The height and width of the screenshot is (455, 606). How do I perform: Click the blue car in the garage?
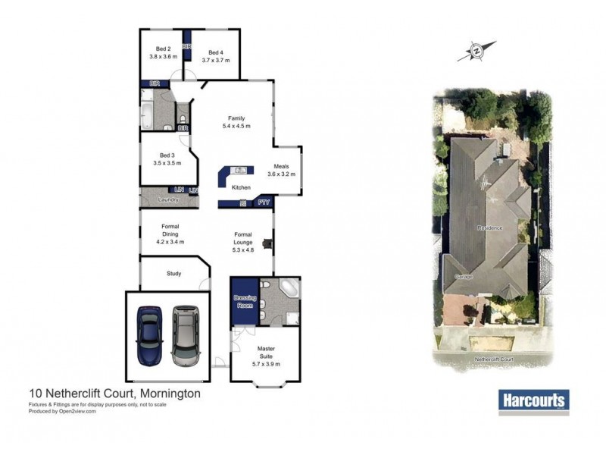click(148, 336)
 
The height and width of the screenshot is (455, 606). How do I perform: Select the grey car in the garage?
click(184, 336)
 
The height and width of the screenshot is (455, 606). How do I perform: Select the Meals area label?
click(281, 169)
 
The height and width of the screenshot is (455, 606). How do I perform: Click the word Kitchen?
click(241, 187)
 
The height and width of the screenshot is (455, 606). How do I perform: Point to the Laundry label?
click(167, 199)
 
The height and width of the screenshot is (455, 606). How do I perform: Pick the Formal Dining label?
click(170, 234)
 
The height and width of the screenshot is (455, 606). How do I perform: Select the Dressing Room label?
click(244, 302)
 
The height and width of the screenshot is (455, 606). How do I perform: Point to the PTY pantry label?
click(264, 202)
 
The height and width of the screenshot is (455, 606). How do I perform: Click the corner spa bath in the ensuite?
click(289, 289)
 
